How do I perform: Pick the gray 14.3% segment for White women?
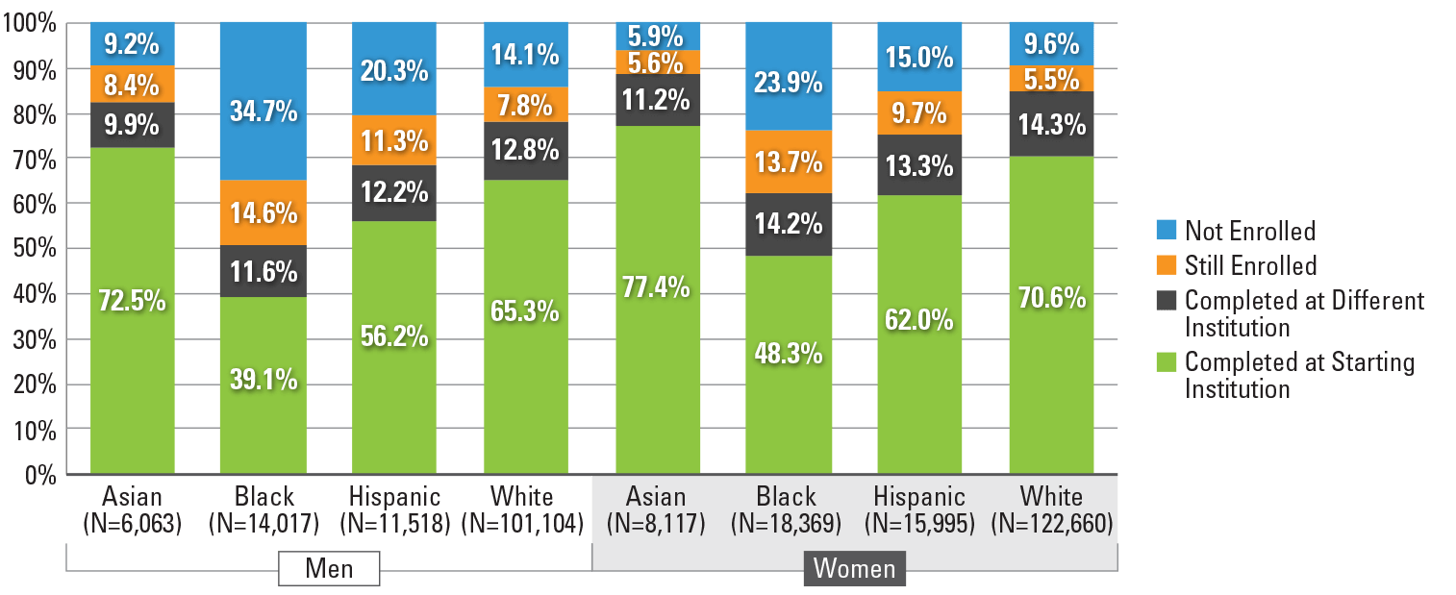point(1051,125)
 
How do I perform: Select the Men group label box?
point(329,568)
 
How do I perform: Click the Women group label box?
point(854,568)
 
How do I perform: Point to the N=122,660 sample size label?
point(1051,524)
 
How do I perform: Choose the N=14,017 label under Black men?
point(264,524)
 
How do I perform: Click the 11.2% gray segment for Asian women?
point(656,99)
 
